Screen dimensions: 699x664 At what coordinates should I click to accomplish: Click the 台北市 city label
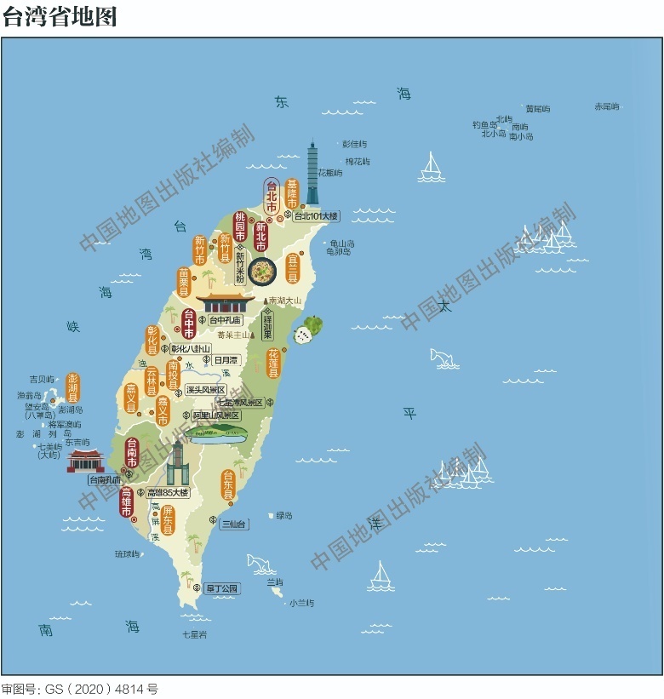(272, 198)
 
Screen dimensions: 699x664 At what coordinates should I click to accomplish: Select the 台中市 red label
(189, 323)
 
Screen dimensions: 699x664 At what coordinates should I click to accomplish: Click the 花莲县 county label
(273, 362)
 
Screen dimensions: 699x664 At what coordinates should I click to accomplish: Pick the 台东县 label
(228, 484)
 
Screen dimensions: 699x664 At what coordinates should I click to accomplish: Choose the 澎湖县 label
(73, 387)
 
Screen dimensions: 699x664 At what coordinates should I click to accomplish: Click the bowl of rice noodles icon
(263, 272)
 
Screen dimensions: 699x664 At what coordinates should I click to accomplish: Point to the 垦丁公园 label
(223, 588)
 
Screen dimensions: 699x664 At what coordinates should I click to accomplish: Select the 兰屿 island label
(274, 582)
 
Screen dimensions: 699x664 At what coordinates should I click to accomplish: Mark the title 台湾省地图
(60, 17)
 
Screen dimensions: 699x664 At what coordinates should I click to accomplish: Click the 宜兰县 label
(293, 267)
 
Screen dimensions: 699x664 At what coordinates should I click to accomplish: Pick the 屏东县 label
(168, 519)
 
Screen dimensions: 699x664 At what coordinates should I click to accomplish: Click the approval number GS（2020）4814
(79, 689)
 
